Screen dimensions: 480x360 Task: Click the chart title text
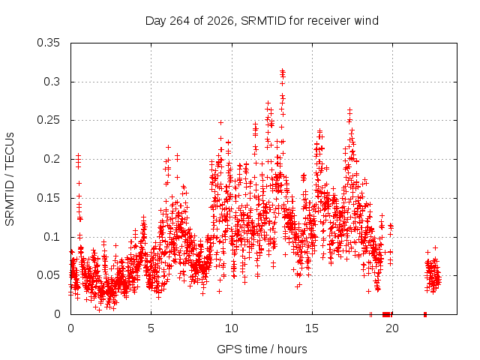click(x=262, y=21)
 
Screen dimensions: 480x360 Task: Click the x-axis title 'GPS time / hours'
click(x=262, y=349)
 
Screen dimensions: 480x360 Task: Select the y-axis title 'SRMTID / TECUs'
click(x=10, y=179)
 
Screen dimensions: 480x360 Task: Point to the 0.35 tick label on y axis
click(x=48, y=43)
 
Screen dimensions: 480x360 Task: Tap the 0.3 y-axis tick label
click(x=52, y=82)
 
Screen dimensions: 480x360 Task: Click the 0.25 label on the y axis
click(x=48, y=120)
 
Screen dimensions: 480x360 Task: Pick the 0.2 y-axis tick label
click(x=52, y=159)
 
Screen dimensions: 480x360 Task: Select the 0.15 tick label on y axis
click(x=48, y=198)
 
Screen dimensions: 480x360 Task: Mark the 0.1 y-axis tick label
click(x=52, y=237)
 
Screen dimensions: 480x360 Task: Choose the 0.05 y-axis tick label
click(x=48, y=275)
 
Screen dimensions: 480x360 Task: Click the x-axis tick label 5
click(x=151, y=328)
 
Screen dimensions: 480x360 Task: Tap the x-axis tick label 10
click(x=232, y=328)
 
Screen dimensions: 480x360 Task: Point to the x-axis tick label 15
click(x=312, y=328)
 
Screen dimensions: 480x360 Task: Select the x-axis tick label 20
click(x=392, y=328)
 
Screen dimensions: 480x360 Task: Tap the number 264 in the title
click(x=179, y=21)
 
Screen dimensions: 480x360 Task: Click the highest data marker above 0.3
click(x=283, y=70)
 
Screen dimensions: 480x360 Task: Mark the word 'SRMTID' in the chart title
click(x=263, y=21)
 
